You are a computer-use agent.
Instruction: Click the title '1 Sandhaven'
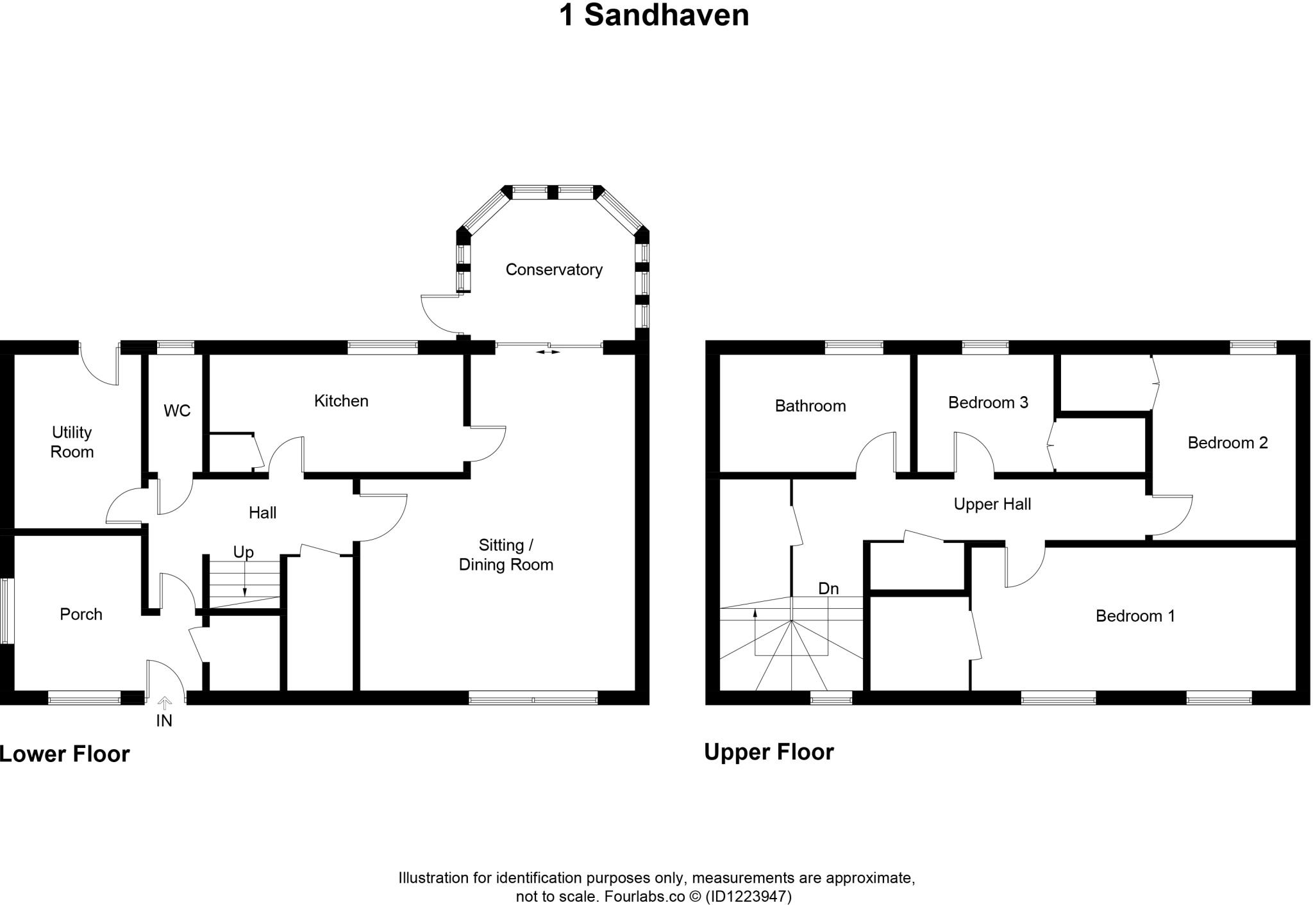[x=654, y=15]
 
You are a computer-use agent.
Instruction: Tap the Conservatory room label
[x=554, y=270]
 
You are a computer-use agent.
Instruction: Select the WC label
[x=177, y=411]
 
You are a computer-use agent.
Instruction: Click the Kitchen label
[x=341, y=401]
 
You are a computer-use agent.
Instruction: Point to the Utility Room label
[x=72, y=442]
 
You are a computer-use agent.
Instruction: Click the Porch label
[x=81, y=615]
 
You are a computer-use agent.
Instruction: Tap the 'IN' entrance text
[x=164, y=721]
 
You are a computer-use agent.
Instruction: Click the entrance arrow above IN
[x=165, y=703]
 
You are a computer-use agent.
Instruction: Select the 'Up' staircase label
[x=243, y=552]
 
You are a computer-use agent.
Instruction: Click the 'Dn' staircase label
[x=828, y=588]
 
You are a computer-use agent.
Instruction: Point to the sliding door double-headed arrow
[x=547, y=352]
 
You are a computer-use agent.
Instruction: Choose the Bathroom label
[x=810, y=406]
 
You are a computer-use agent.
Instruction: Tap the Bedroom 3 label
[x=988, y=403]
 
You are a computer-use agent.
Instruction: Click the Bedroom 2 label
[x=1228, y=443]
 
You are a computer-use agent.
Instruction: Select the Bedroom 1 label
[x=1135, y=616]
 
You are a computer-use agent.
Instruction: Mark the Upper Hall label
[x=992, y=504]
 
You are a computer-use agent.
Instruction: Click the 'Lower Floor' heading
[x=65, y=754]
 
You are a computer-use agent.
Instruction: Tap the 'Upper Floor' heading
[x=769, y=752]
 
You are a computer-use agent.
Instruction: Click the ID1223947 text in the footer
[x=748, y=896]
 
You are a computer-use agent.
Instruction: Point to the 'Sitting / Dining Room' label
[x=506, y=555]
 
